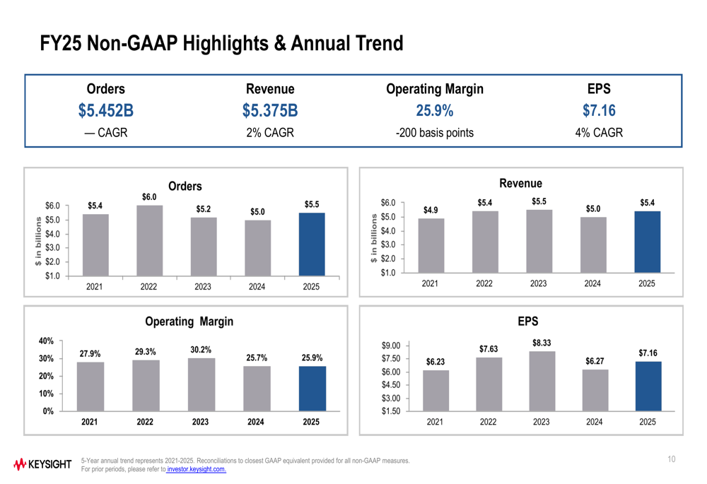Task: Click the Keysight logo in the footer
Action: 42,464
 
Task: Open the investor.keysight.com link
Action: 196,469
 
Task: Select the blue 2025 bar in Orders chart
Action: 312,244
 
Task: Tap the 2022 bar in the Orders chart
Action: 149,240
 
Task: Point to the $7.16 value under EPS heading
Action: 599,111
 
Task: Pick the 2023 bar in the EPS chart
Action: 541,381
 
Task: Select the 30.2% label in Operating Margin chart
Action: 201,349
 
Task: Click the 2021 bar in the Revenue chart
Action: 431,245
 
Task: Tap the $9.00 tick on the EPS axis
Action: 391,346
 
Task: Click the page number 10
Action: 671,460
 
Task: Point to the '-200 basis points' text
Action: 435,133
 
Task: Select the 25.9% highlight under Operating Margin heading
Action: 435,111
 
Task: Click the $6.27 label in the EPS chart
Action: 595,362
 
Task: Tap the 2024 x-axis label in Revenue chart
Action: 592,283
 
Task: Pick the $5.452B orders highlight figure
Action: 105,111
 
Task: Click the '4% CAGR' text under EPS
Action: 599,133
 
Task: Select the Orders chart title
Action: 185,187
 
